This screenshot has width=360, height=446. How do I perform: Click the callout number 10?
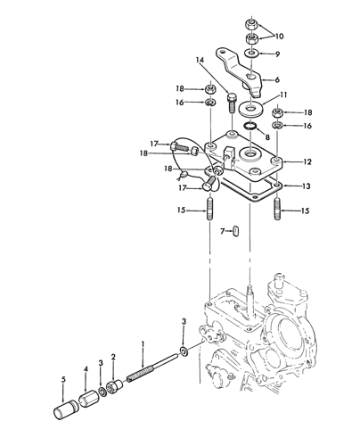[x=279, y=37]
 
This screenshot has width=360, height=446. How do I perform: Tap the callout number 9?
[x=277, y=54]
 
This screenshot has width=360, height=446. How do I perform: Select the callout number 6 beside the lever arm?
[x=277, y=79]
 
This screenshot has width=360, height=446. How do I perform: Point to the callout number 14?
[x=200, y=60]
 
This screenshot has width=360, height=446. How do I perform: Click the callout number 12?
[x=307, y=161]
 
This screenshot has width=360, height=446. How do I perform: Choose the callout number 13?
[x=307, y=186]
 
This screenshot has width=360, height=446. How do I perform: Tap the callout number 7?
[x=223, y=231]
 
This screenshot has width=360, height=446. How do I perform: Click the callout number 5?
[x=63, y=380]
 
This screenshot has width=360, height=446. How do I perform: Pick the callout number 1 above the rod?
[x=143, y=344]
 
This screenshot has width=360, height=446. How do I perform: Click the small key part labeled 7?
[x=236, y=231]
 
